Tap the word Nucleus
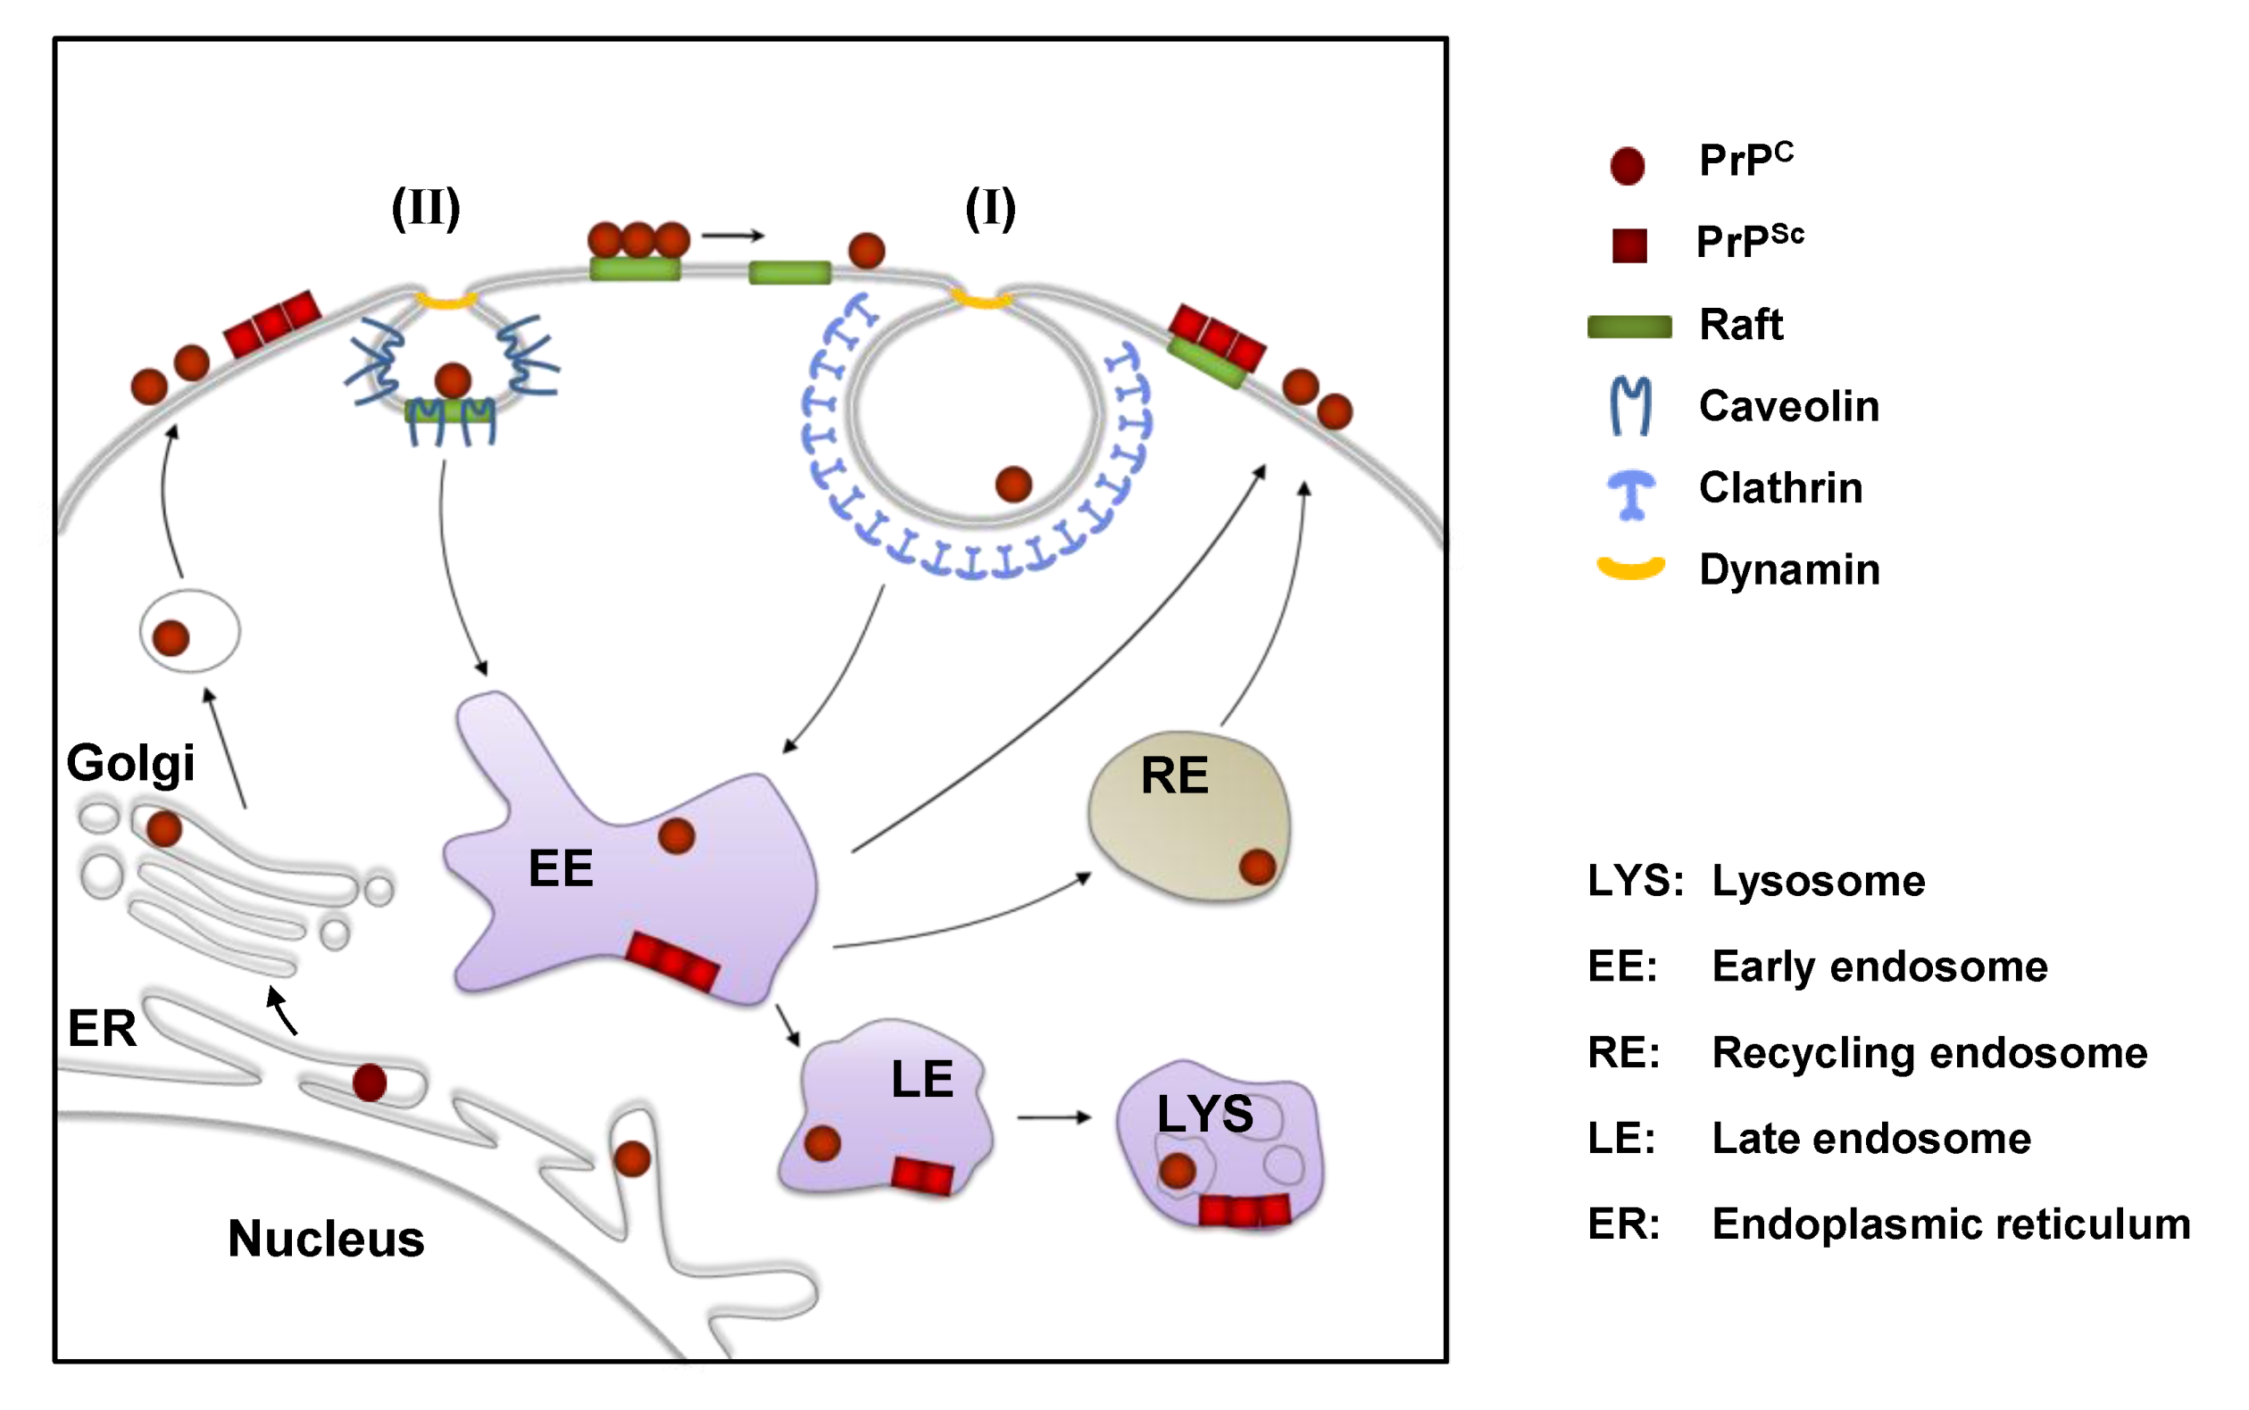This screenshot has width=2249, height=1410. tap(327, 1239)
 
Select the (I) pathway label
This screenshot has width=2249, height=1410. tap(990, 208)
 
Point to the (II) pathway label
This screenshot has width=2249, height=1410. tap(425, 208)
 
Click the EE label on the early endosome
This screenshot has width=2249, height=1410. tap(561, 868)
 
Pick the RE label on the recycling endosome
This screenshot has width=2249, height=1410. tap(1174, 775)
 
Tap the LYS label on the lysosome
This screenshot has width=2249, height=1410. tap(1205, 1114)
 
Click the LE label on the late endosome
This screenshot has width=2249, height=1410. tap(922, 1079)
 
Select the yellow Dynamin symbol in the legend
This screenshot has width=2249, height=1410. tap(1630, 568)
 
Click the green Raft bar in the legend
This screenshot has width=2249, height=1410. tap(1629, 327)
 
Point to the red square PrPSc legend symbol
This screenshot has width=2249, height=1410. tap(1629, 245)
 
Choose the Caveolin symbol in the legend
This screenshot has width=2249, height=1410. tap(1630, 407)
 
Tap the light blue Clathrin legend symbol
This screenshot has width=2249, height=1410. tap(1631, 494)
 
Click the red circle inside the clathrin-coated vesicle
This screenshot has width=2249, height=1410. tap(1014, 485)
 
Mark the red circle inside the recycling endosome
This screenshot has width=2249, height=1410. tap(1257, 867)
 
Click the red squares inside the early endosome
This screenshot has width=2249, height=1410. tap(671, 961)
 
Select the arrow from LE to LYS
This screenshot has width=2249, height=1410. tap(1054, 1117)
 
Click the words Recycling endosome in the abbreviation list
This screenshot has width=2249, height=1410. tap(1930, 1053)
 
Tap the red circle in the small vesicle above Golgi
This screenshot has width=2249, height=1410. tap(171, 639)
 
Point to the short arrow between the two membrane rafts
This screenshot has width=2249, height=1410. tap(733, 236)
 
